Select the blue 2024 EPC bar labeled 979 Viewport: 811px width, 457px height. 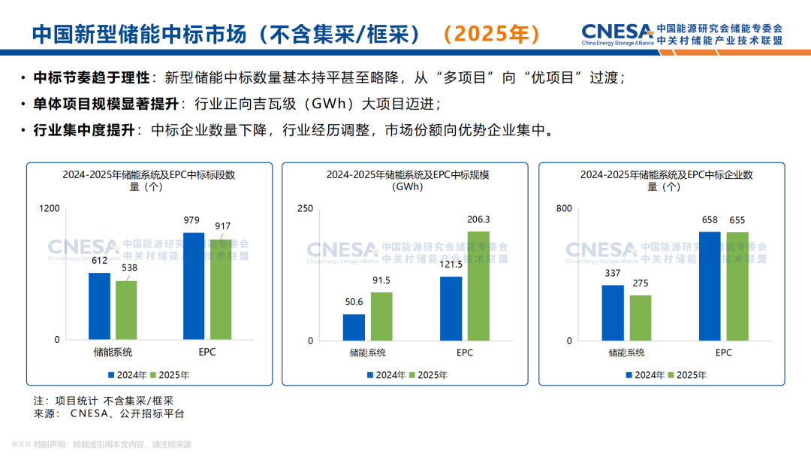(194, 286)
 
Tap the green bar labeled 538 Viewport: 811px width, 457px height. (126, 310)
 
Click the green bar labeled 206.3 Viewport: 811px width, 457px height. (478, 286)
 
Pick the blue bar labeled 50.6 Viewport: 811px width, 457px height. (354, 328)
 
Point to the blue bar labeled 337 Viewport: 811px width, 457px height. (613, 313)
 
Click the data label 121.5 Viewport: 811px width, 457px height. (451, 264)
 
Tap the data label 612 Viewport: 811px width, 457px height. (98, 260)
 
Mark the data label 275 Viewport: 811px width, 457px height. (641, 283)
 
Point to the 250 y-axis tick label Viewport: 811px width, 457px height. (305, 208)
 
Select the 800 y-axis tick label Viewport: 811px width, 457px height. (563, 208)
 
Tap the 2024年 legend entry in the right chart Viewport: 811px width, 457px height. (646, 375)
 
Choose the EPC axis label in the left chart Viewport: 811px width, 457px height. (207, 352)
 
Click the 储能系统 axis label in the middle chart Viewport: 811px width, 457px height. (367, 353)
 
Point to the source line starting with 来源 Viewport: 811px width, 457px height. (109, 413)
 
